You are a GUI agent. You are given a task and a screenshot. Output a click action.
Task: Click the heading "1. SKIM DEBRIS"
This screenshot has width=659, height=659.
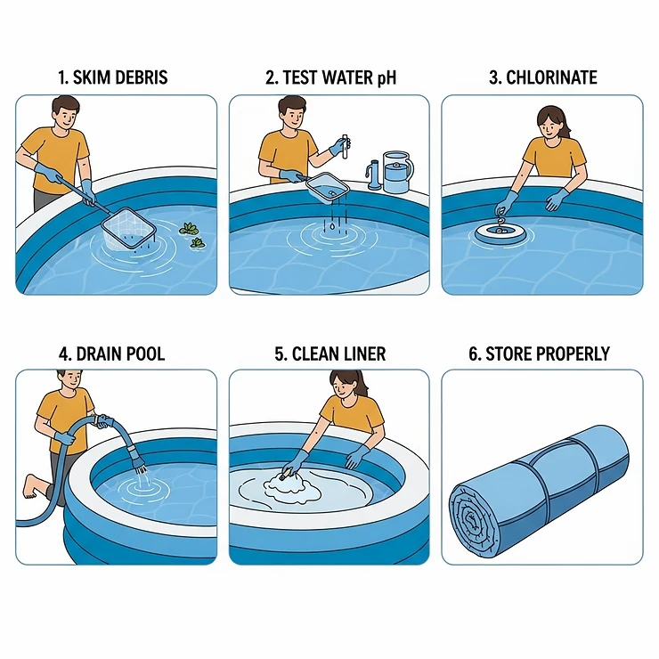(112, 77)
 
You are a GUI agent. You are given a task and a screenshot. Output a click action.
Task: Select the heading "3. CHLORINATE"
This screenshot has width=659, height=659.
(542, 77)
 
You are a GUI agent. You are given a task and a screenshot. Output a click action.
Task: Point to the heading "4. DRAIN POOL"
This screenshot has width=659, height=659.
(112, 354)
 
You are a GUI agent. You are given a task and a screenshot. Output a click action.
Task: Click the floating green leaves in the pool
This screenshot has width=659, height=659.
(191, 234)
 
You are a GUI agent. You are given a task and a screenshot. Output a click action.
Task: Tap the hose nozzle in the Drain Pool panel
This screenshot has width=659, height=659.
(138, 457)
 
